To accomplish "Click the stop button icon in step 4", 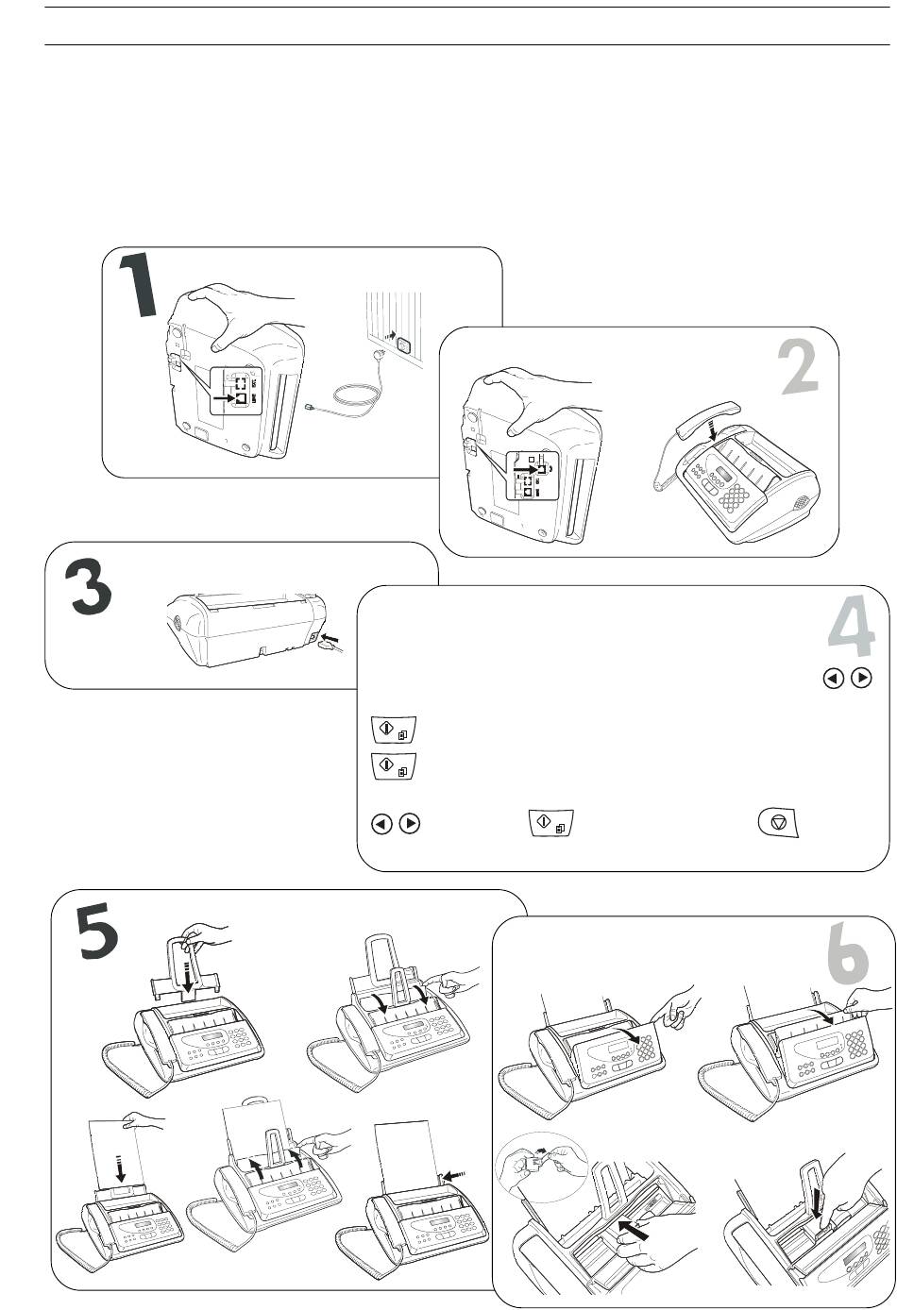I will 779,823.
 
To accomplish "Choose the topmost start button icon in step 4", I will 387,730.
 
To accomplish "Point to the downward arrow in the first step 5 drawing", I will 185,976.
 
